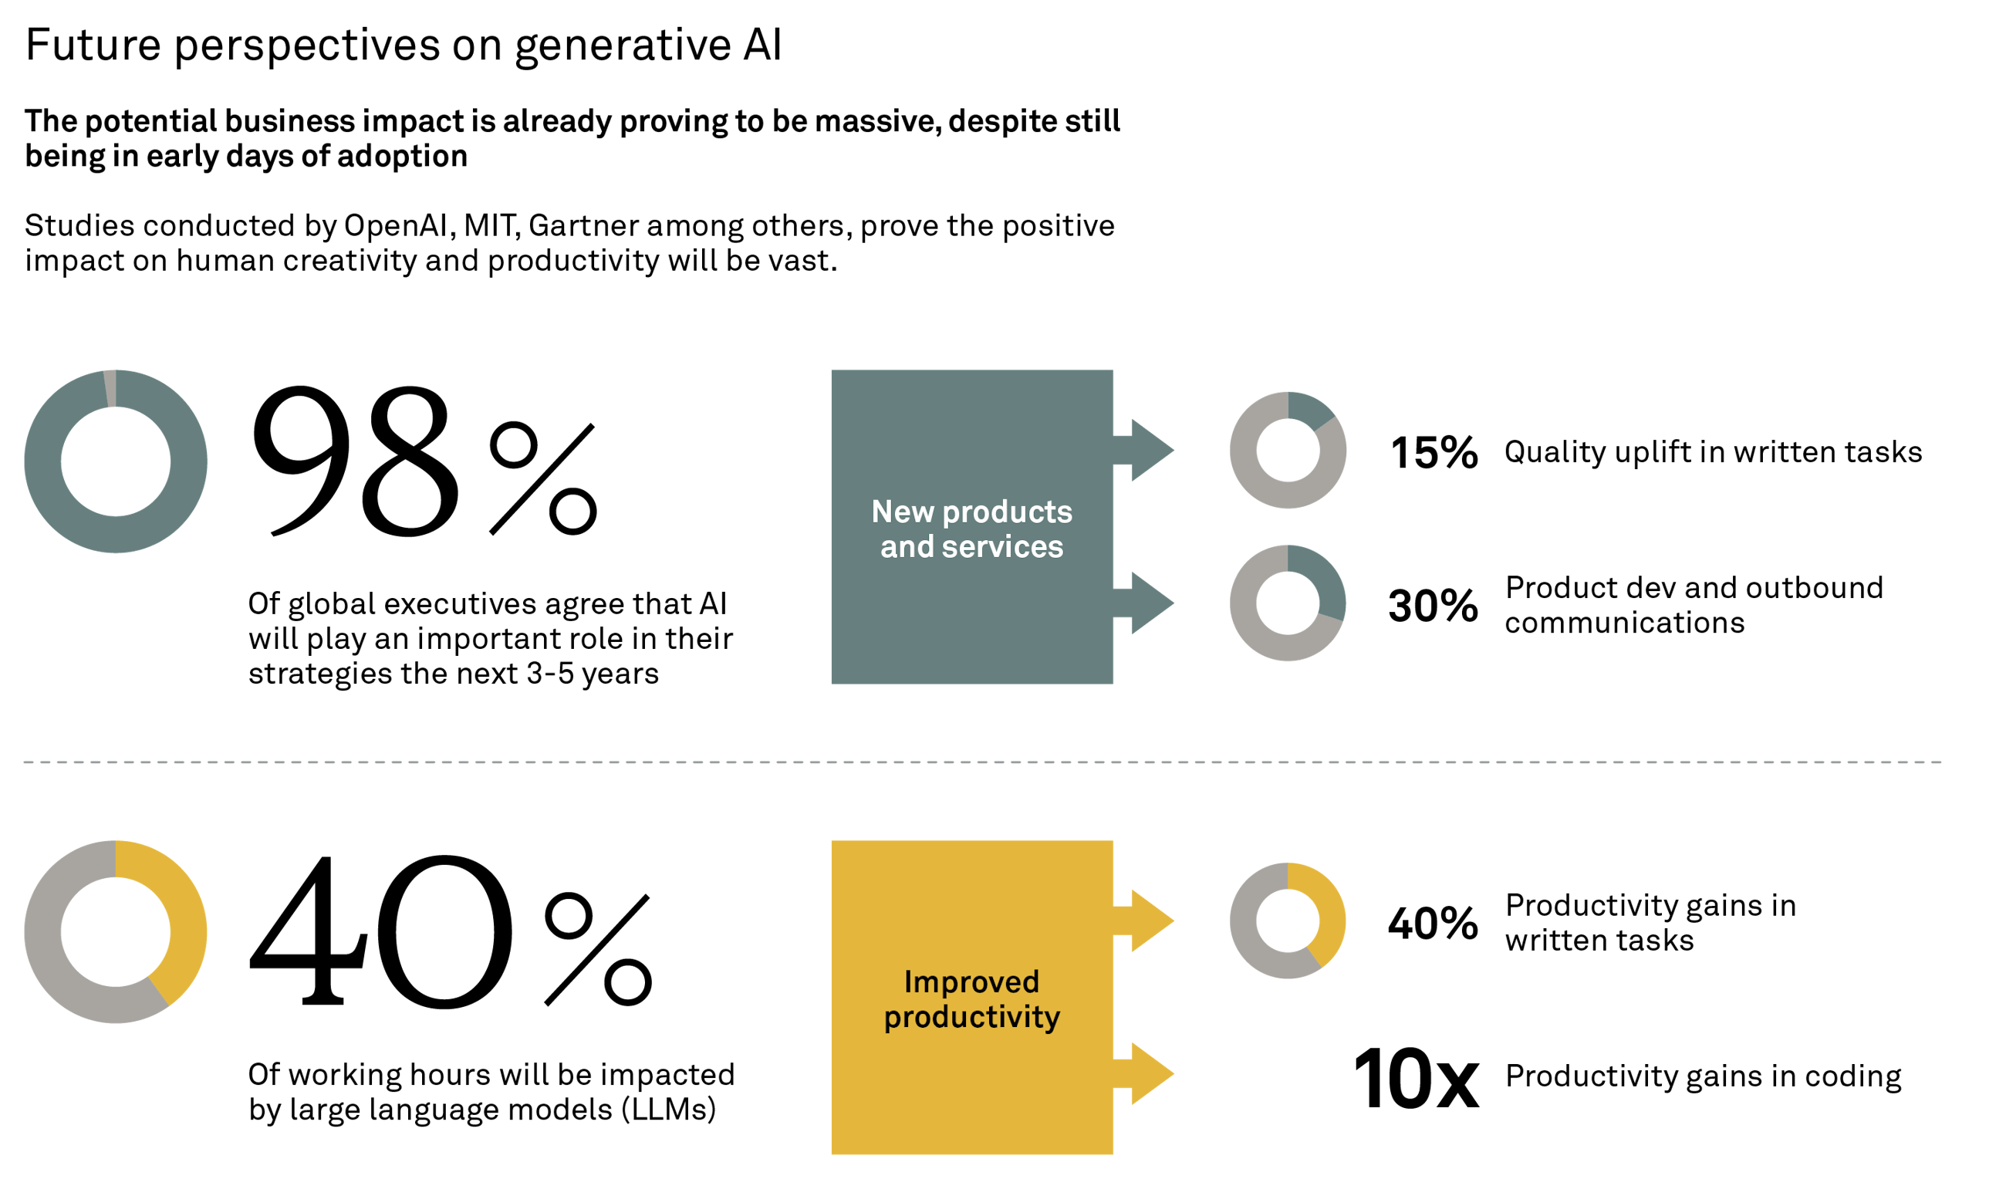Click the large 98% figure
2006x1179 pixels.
tap(422, 461)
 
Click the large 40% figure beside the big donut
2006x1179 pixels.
tap(450, 931)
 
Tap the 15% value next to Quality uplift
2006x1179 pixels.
tap(1434, 452)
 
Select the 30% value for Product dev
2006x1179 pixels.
tap(1433, 605)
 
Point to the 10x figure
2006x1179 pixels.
tap(1415, 1079)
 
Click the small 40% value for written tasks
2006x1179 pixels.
tap(1433, 924)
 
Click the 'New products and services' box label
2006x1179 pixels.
tap(971, 529)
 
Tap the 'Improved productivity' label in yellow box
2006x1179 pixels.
tap(971, 999)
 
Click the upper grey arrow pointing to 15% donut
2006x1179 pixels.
tap(1147, 451)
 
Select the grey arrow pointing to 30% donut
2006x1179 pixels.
tap(1147, 603)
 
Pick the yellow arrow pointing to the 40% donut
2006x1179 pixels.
tap(1147, 921)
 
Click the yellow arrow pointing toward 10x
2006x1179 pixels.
tap(1147, 1074)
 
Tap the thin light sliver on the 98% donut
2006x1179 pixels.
tap(110, 388)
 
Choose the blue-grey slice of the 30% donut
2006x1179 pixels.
tap(1326, 585)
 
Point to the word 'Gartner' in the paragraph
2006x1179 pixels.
tap(583, 226)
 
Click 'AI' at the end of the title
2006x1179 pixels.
tap(762, 45)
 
